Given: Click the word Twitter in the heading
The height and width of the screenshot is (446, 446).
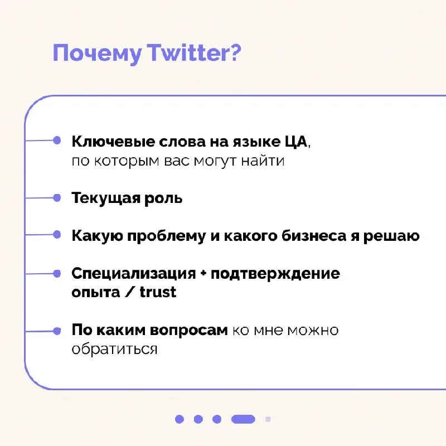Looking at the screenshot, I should pos(193,53).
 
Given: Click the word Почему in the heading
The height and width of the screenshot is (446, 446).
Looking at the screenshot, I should pos(97,54).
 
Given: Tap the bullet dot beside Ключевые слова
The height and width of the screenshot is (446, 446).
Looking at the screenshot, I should pos(57,140).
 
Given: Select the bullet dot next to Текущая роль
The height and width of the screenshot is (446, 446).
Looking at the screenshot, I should pos(57,197).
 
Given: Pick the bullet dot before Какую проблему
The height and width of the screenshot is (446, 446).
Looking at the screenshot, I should pos(57,235).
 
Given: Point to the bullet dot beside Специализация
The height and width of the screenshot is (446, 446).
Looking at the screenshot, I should pos(57,273).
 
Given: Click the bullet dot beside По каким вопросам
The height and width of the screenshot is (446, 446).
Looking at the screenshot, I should pos(57,330).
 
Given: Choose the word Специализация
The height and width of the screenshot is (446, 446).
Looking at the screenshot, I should pos(134,274).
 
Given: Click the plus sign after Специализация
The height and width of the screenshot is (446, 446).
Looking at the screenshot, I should pos(203,274).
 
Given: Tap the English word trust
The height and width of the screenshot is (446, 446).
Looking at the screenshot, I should pos(158,292).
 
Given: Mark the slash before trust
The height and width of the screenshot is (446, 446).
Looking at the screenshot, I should pos(130,292).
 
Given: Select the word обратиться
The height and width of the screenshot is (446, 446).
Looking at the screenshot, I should pos(114,350).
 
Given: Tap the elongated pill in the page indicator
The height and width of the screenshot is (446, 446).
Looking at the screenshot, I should pos(243,419).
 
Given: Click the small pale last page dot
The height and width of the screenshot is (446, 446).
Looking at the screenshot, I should pos(268,419).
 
